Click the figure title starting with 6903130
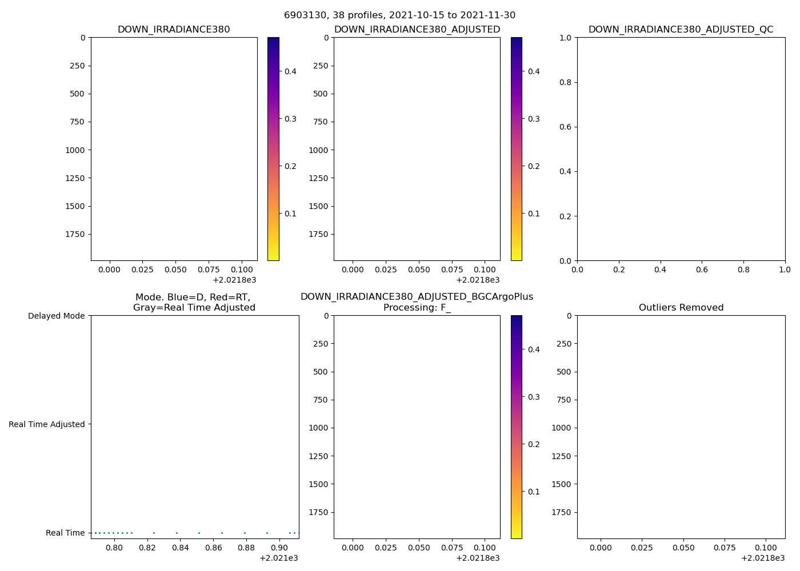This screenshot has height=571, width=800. (x=399, y=15)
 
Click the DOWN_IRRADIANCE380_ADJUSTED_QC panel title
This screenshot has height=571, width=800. (x=681, y=30)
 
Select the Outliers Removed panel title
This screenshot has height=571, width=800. (x=681, y=308)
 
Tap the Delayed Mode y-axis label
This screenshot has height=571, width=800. (x=56, y=316)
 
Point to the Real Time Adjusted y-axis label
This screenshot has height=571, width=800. (x=47, y=424)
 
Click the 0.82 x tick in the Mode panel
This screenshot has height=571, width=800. (x=147, y=548)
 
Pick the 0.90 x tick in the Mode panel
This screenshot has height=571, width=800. (x=279, y=548)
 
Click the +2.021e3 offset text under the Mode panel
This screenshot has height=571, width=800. (x=278, y=558)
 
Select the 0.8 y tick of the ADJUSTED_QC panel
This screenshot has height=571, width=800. (x=566, y=82)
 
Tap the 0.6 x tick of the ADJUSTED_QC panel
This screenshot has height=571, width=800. (x=702, y=270)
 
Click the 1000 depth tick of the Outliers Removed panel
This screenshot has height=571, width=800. (x=561, y=428)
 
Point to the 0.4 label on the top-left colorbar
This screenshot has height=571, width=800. (x=290, y=71)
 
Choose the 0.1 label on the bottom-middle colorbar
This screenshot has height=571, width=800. (x=534, y=492)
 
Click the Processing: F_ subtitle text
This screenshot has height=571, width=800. (x=417, y=308)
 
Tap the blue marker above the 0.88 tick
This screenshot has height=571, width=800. (x=245, y=533)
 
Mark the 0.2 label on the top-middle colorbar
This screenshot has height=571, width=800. (x=534, y=166)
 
